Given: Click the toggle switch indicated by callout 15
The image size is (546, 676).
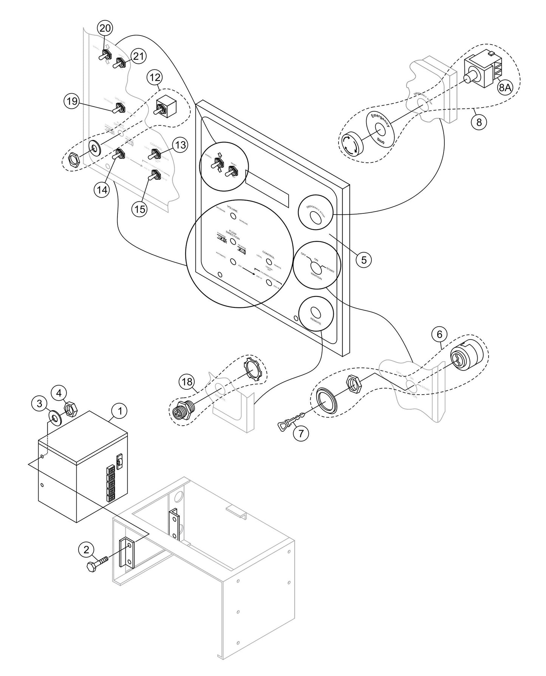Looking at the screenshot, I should click(x=153, y=176).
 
